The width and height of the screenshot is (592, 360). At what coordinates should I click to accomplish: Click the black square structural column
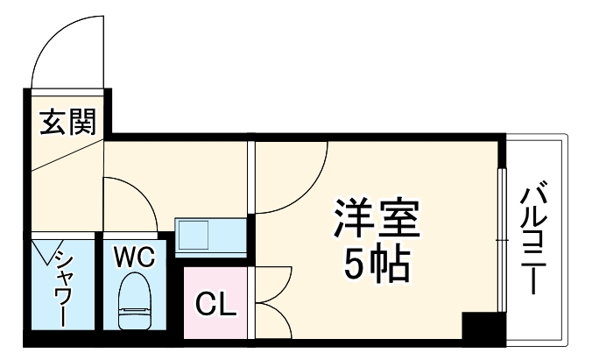coord(479,328)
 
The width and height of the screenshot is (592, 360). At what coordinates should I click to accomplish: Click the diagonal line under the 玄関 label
coord(66,155)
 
